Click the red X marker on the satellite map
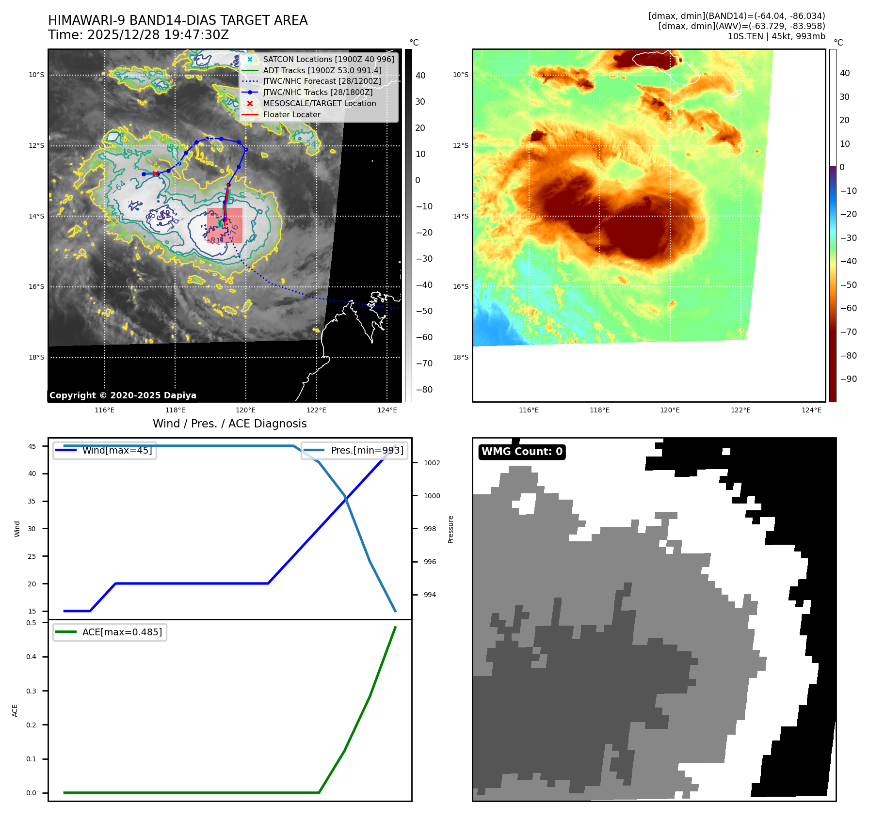tap(155, 173)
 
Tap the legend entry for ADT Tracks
tap(322, 70)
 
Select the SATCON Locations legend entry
tap(328, 59)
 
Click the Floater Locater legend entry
tap(291, 114)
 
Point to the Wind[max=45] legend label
tap(117, 450)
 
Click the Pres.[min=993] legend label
tap(367, 450)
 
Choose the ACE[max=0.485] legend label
tap(122, 632)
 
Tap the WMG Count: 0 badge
tap(522, 452)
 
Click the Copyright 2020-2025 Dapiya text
tap(123, 395)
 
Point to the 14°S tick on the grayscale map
tap(36, 216)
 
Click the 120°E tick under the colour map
tap(670, 410)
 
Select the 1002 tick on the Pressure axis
tap(432, 463)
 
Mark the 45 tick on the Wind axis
tap(32, 446)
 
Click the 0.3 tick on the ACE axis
tap(31, 691)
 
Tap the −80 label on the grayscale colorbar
tap(424, 390)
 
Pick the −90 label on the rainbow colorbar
tap(849, 379)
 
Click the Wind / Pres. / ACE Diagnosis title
tap(230, 424)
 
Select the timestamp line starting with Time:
tap(138, 35)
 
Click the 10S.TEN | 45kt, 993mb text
tap(776, 36)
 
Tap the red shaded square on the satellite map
tap(225, 225)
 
